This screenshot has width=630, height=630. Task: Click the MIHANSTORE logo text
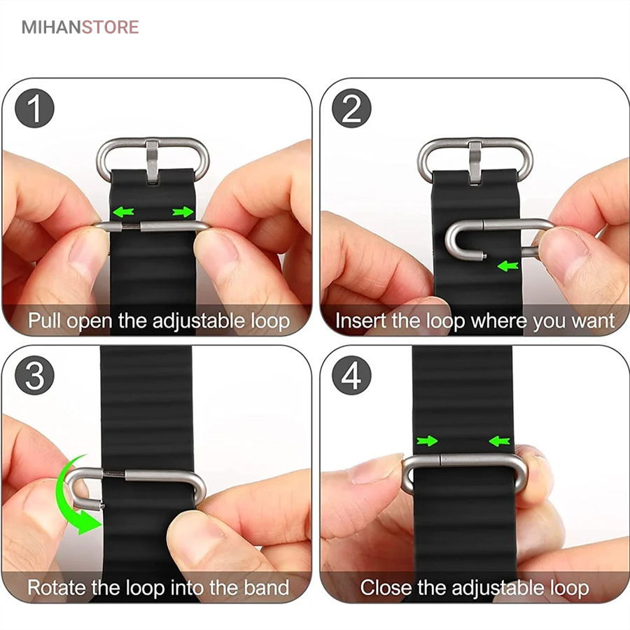pyautogui.click(x=80, y=27)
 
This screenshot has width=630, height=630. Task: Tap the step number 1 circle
pyautogui.click(x=34, y=108)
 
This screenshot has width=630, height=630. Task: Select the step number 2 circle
pyautogui.click(x=351, y=108)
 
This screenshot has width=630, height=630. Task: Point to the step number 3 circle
pyautogui.click(x=34, y=376)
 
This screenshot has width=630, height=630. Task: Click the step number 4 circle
pyautogui.click(x=351, y=376)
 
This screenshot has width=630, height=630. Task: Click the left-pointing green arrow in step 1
pyautogui.click(x=123, y=211)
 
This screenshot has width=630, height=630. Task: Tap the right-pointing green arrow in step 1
pyautogui.click(x=183, y=211)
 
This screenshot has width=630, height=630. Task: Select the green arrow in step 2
pyautogui.click(x=508, y=265)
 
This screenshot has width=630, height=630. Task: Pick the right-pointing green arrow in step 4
pyautogui.click(x=427, y=441)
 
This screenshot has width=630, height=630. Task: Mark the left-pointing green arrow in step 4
pyautogui.click(x=500, y=441)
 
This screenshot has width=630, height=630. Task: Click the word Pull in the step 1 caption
pyautogui.click(x=45, y=321)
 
